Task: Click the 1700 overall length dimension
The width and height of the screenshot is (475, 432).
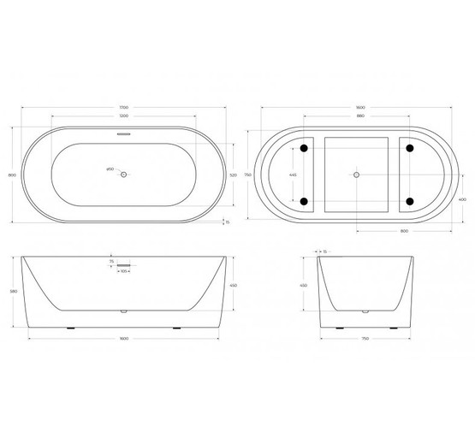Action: tap(124, 107)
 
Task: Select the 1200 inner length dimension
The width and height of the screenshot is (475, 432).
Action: tap(124, 115)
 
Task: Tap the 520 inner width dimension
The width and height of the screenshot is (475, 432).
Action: tap(232, 175)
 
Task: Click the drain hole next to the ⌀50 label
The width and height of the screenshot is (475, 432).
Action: tap(124, 175)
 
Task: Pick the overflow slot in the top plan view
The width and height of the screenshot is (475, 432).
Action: tap(124, 134)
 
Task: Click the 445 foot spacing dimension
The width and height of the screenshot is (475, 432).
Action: tap(294, 175)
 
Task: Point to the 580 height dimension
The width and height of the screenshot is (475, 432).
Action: tap(12, 291)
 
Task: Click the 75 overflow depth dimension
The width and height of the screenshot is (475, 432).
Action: tap(111, 263)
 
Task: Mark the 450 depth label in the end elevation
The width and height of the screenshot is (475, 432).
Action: tap(304, 285)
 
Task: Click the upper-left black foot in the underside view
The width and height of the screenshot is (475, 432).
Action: tap(303, 148)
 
